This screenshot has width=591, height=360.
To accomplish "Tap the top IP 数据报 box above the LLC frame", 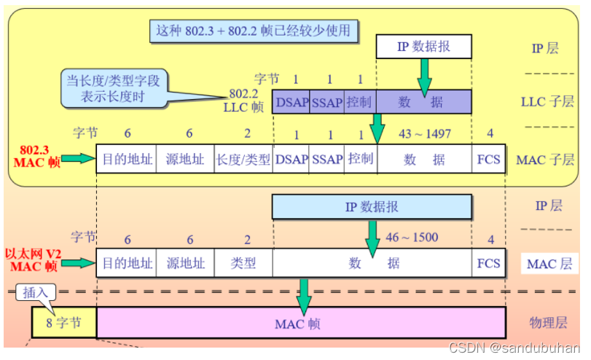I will pos(423,47).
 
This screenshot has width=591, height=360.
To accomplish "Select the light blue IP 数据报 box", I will pos(372,207).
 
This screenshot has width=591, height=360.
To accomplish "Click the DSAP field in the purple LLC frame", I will pos(291,103).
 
